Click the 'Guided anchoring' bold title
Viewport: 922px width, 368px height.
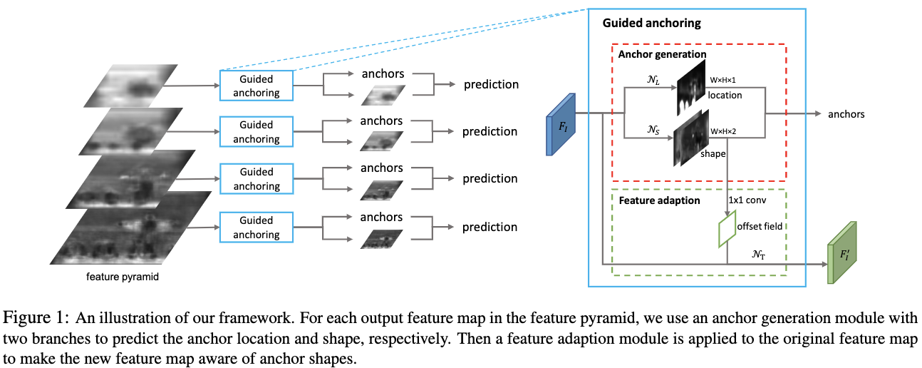pyautogui.click(x=651, y=23)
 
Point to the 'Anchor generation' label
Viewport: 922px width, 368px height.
pyautogui.click(x=662, y=54)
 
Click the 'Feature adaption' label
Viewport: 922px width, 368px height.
pyautogui.click(x=660, y=200)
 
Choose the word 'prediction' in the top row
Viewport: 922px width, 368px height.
pyautogui.click(x=491, y=85)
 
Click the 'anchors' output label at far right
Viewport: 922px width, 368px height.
pyautogui.click(x=846, y=114)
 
